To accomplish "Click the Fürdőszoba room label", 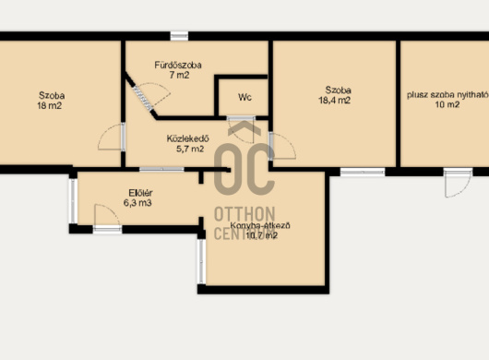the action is [178, 65].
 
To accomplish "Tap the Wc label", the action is [244, 97].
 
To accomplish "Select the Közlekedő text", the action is [187, 138].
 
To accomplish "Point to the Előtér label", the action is [140, 193].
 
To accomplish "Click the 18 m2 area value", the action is [50, 106].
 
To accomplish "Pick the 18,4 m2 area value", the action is [335, 101].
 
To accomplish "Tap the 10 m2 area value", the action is [447, 104].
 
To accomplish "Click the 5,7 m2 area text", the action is [190, 149].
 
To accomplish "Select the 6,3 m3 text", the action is [137, 203].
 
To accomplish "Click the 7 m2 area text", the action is [179, 75].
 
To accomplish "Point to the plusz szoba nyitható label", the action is [447, 95].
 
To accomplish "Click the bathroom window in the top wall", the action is [179, 36].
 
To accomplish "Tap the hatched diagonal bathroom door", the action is [143, 98].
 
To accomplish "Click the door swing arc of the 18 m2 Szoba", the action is [103, 133].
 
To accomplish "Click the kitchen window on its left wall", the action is [201, 261].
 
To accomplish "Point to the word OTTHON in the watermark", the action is [244, 214].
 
